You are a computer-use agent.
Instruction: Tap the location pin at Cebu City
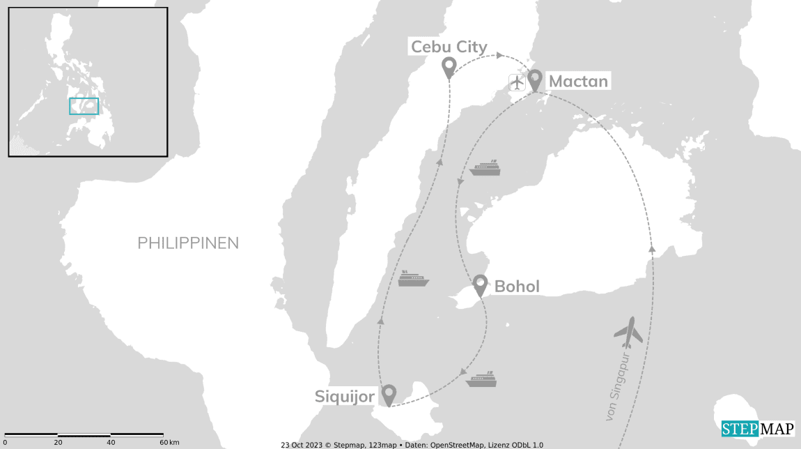(449, 67)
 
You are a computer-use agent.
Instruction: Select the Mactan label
(578, 82)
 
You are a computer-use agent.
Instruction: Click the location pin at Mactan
(535, 79)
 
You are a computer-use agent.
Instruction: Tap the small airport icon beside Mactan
(517, 82)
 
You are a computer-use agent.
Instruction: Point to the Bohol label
(516, 287)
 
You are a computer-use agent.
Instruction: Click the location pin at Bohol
(480, 284)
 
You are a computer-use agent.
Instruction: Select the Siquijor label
(345, 397)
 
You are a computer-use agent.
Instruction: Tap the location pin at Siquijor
(389, 395)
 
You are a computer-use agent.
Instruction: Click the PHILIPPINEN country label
(188, 243)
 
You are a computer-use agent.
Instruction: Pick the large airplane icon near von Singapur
(629, 333)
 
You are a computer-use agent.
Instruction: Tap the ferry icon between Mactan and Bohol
(485, 168)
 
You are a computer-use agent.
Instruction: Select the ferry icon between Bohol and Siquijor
(481, 379)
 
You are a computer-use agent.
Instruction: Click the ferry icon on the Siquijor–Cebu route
(413, 279)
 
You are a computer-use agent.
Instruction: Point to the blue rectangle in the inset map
(84, 106)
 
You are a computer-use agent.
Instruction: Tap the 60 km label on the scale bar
(168, 443)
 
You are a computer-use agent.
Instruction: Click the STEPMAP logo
(757, 429)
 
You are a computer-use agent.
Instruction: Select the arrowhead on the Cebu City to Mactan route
(499, 55)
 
